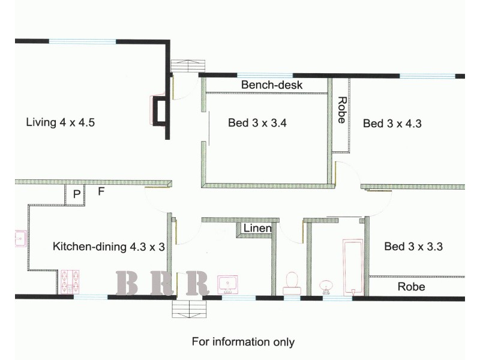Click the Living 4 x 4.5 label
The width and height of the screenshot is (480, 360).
click(x=61, y=123)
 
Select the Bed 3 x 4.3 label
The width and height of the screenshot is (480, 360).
click(x=392, y=124)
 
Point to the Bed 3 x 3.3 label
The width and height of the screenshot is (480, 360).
click(x=413, y=246)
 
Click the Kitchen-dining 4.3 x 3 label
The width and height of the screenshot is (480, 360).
click(x=109, y=247)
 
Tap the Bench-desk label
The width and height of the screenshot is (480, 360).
click(x=272, y=85)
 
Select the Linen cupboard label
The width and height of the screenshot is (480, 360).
click(x=257, y=229)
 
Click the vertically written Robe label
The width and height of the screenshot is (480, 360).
click(x=341, y=110)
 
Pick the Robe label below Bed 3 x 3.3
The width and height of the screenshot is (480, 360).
click(x=411, y=287)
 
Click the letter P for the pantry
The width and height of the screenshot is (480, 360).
click(x=76, y=194)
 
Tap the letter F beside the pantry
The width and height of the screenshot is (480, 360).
click(x=101, y=193)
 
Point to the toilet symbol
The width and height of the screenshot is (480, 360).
click(x=292, y=283)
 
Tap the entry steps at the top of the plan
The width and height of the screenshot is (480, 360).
click(x=184, y=65)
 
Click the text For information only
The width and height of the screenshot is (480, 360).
click(x=243, y=342)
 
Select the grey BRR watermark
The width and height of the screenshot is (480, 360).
click(x=162, y=283)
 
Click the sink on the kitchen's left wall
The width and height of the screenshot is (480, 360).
click(x=19, y=238)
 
